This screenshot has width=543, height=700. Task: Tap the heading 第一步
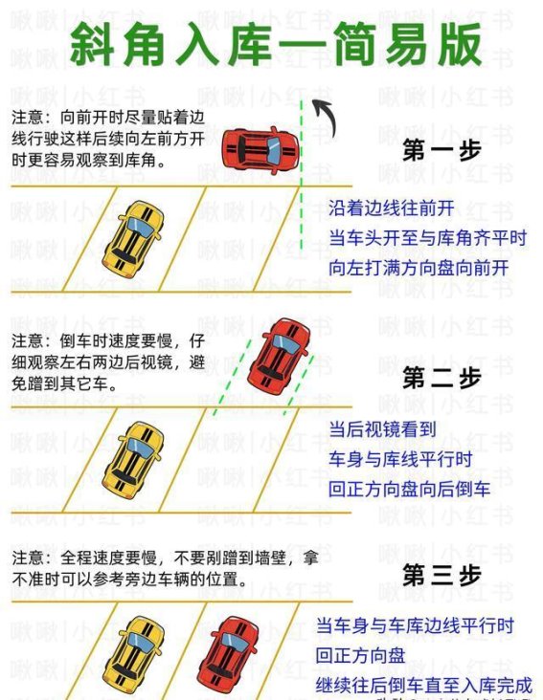(x=441, y=150)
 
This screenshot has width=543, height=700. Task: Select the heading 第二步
(x=441, y=377)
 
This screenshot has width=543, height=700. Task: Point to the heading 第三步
(x=441, y=576)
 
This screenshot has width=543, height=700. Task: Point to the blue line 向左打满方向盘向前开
(x=419, y=268)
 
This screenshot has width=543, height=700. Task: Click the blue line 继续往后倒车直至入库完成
(x=423, y=686)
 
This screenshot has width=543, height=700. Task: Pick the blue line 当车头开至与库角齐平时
(x=427, y=237)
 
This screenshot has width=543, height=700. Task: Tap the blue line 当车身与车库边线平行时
(x=415, y=625)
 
